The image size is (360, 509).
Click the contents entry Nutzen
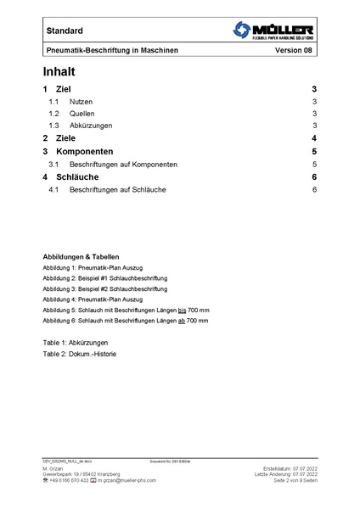pyautogui.click(x=82, y=101)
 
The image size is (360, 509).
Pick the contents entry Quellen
pyautogui.click(x=82, y=113)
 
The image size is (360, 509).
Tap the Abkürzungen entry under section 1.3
pyautogui.click(x=91, y=125)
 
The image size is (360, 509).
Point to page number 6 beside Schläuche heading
pyautogui.click(x=314, y=176)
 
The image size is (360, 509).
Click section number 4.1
pyautogui.click(x=53, y=189)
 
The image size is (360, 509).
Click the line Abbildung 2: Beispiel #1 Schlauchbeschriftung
pyautogui.click(x=105, y=278)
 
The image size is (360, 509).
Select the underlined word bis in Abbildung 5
pyautogui.click(x=182, y=310)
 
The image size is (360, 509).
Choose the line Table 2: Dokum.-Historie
pyautogui.click(x=80, y=353)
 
